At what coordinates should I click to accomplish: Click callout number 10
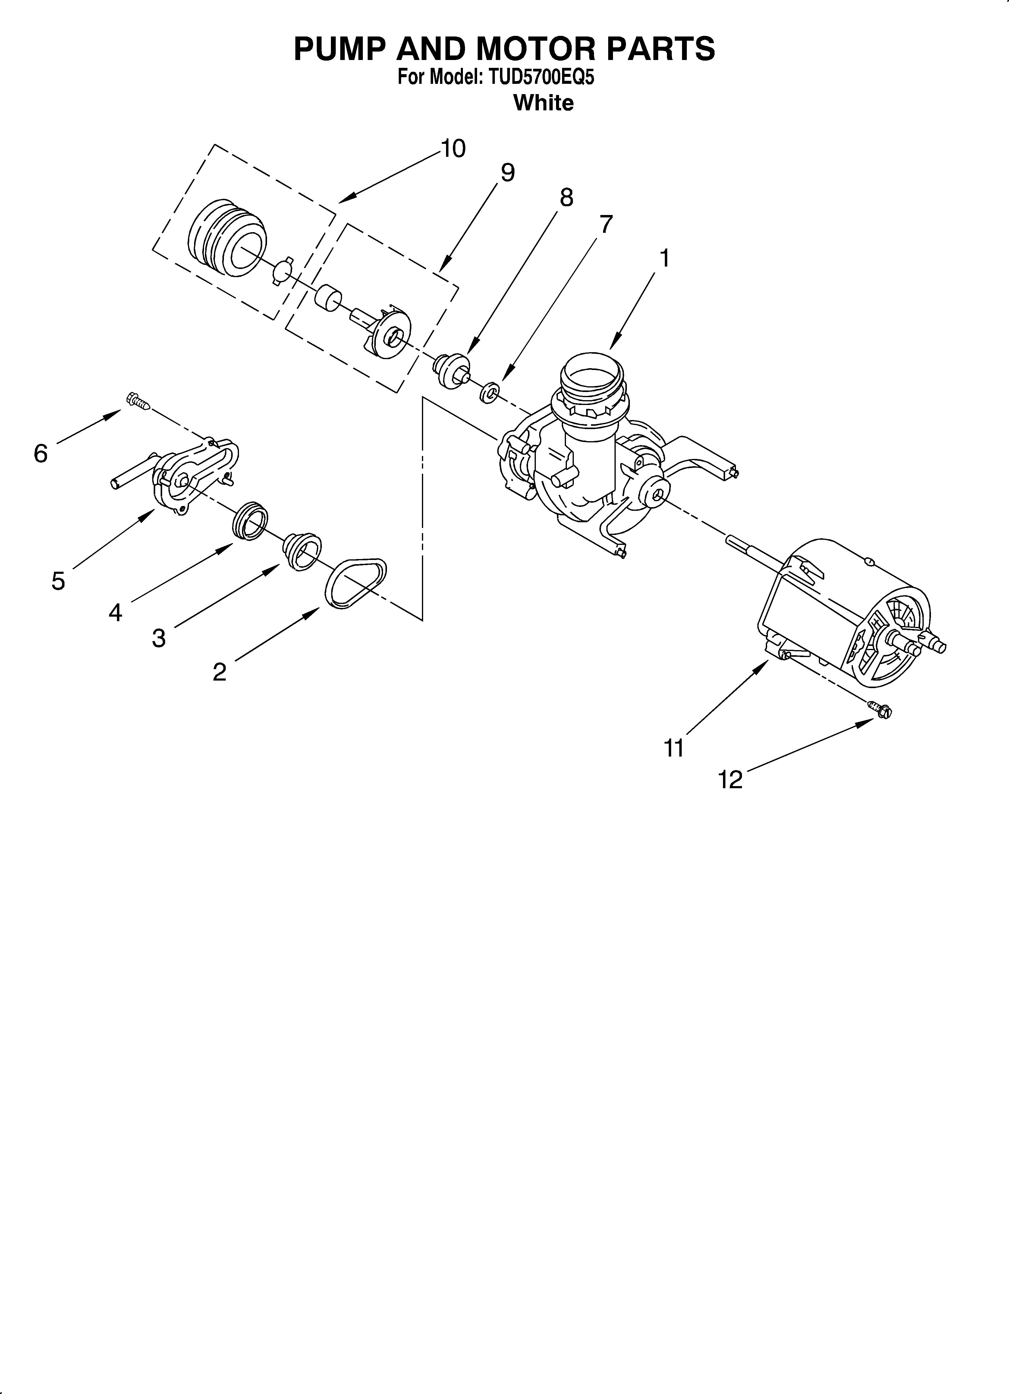[453, 149]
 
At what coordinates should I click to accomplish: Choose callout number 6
[41, 454]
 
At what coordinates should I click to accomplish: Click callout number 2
[219, 672]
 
